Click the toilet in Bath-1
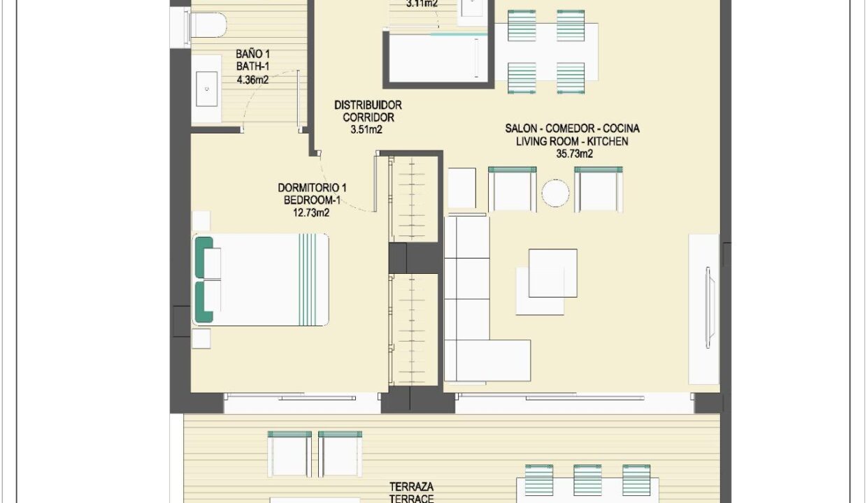[205, 24]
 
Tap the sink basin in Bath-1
[207, 89]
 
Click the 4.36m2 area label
[252, 80]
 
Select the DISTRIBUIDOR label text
[368, 105]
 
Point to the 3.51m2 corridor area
[366, 129]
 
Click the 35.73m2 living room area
[575, 154]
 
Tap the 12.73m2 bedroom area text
[311, 212]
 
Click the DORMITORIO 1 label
[312, 188]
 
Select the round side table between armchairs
[555, 193]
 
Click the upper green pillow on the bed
[203, 257]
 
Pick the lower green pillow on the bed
[203, 302]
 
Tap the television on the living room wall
[708, 308]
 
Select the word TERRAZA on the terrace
[411, 486]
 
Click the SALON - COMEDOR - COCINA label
[573, 129]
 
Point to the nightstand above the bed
[201, 221]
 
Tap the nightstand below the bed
[201, 338]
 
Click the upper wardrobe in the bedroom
[413, 200]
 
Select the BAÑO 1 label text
[252, 54]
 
